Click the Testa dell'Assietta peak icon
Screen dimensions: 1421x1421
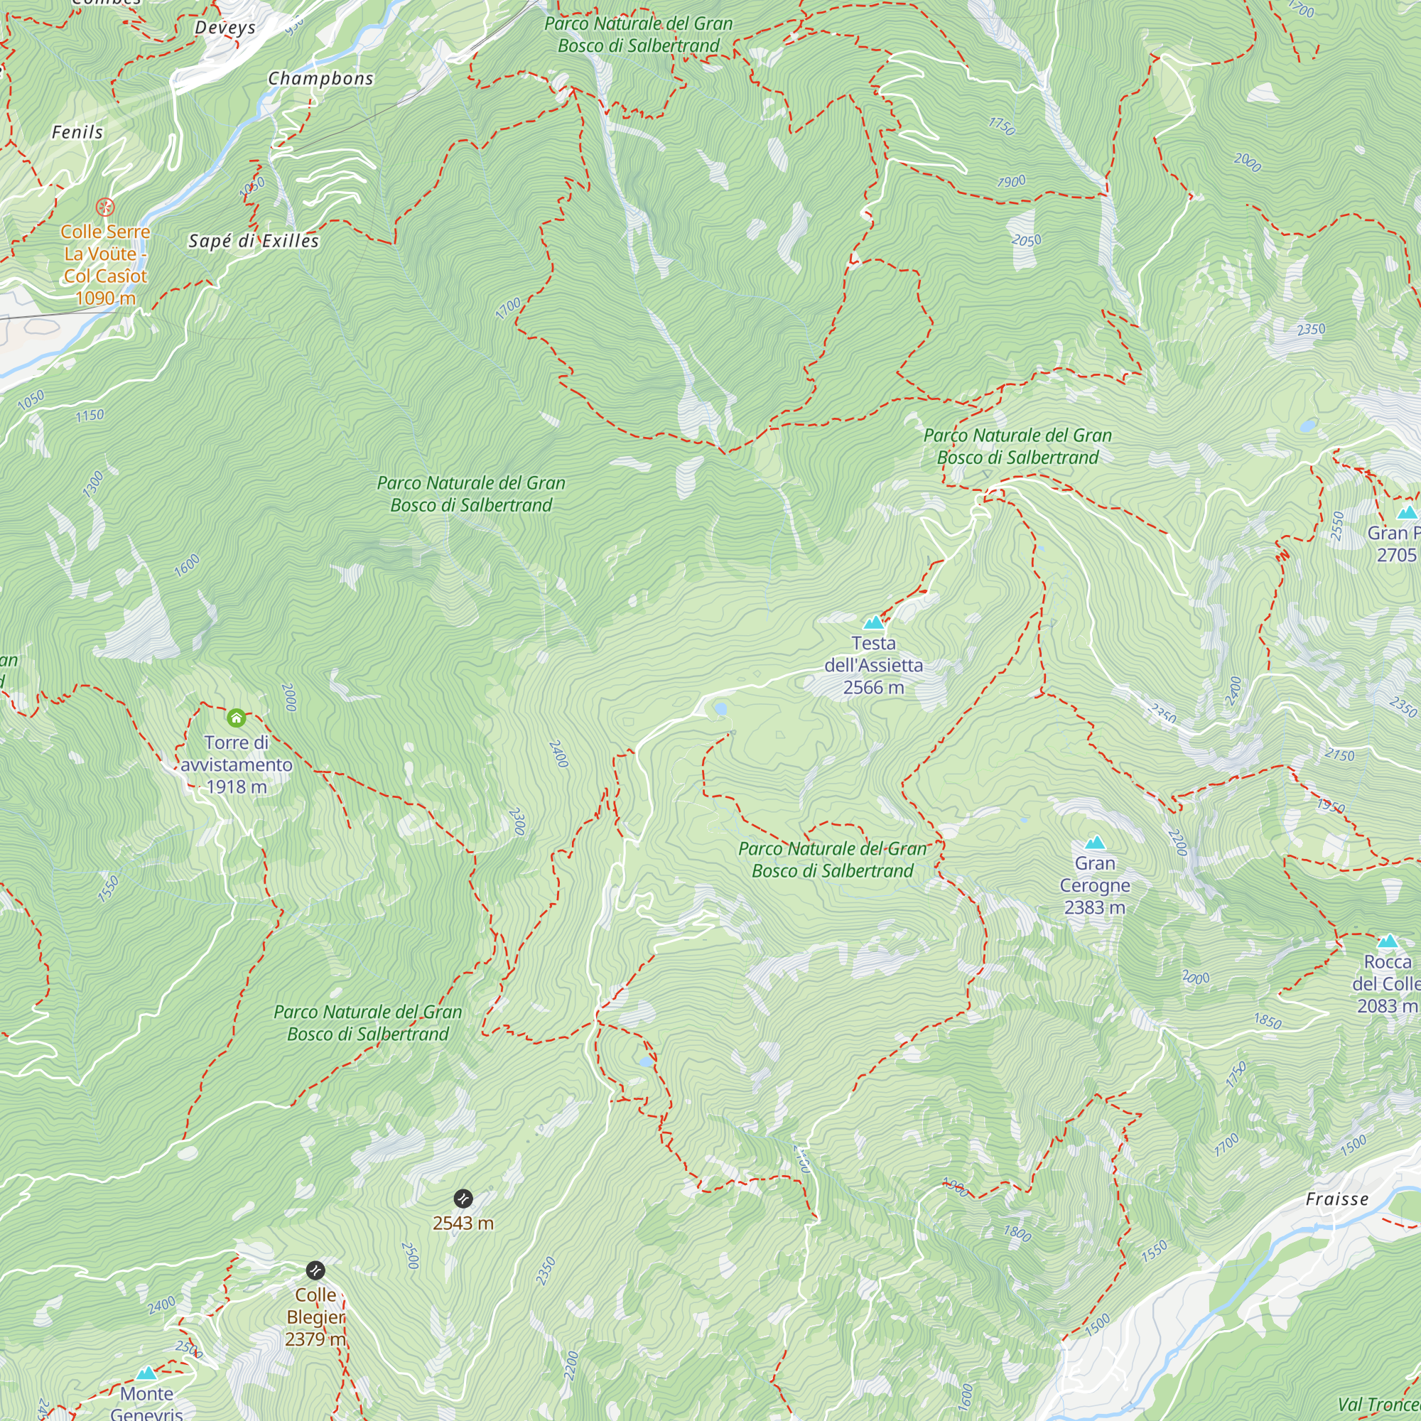coord(873,623)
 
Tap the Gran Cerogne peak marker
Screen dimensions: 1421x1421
coord(1094,843)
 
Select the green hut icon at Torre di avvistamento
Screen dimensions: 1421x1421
coord(236,718)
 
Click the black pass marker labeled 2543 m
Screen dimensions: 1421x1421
coord(463,1199)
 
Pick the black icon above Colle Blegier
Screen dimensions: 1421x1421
coord(315,1270)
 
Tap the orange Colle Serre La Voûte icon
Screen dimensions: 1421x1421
coord(106,207)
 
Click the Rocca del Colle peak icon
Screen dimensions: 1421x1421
coord(1387,941)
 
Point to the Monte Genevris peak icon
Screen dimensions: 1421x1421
coord(146,1373)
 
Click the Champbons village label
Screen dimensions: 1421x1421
coord(320,79)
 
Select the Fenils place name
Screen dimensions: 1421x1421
coord(77,132)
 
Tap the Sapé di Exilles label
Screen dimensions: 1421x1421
coord(254,242)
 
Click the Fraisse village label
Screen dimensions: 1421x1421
coord(1336,1199)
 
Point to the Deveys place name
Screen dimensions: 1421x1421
coord(225,28)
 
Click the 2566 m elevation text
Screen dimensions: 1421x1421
coord(873,688)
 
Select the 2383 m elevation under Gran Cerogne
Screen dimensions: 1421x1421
coord(1094,907)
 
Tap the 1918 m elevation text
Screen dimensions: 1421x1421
coord(236,787)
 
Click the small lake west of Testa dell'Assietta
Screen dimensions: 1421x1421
coord(720,709)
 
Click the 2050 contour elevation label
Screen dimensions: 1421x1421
coord(1026,241)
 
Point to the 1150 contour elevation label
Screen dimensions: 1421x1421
coord(90,416)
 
